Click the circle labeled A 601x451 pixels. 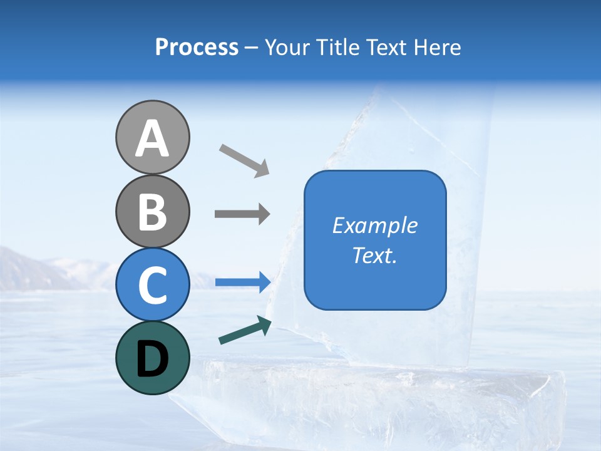pyautogui.click(x=152, y=137)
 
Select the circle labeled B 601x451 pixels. pyautogui.click(x=152, y=211)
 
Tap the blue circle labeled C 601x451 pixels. pyautogui.click(x=152, y=284)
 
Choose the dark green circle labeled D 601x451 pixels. pyautogui.click(x=152, y=358)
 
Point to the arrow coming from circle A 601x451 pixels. pyautogui.click(x=244, y=160)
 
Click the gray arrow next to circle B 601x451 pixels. pyautogui.click(x=242, y=214)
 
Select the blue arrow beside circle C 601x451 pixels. pyautogui.click(x=242, y=282)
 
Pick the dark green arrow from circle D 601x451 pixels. pyautogui.click(x=245, y=330)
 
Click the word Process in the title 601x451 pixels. pyautogui.click(x=197, y=47)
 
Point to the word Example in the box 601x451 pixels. pyautogui.click(x=374, y=225)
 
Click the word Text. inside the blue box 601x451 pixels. pyautogui.click(x=374, y=255)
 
